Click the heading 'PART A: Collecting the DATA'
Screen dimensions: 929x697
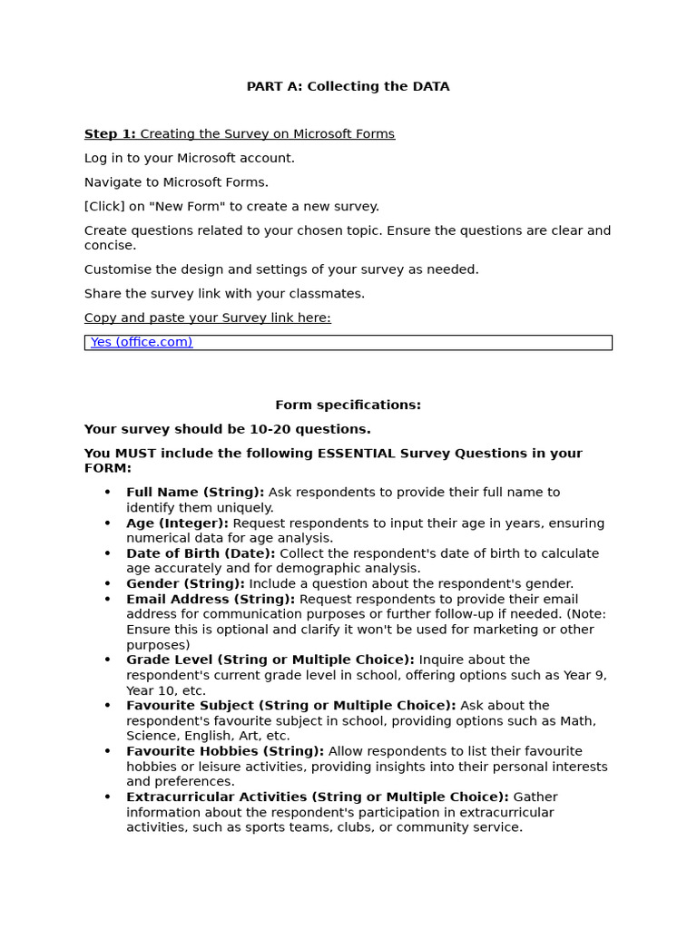(x=348, y=87)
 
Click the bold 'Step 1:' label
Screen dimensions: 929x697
(x=110, y=134)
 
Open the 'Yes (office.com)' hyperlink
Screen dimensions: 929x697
(x=142, y=342)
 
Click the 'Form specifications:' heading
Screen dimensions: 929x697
(x=348, y=406)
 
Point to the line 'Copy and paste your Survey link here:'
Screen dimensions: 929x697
(x=207, y=318)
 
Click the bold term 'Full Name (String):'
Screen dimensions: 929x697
(x=195, y=493)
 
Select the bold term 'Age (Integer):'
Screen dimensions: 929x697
(x=178, y=523)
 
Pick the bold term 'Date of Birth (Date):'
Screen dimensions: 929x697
(x=201, y=553)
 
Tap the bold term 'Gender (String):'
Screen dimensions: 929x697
(x=185, y=584)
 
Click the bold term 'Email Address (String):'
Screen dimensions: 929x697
(x=211, y=600)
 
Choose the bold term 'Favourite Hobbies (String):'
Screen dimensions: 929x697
(x=225, y=751)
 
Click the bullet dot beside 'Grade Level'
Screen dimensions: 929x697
(x=107, y=660)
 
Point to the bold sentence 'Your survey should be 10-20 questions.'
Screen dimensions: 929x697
(x=227, y=430)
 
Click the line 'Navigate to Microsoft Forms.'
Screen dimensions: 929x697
(x=176, y=182)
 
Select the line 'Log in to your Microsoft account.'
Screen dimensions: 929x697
(x=189, y=159)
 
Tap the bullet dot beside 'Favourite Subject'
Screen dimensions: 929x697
(x=107, y=706)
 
